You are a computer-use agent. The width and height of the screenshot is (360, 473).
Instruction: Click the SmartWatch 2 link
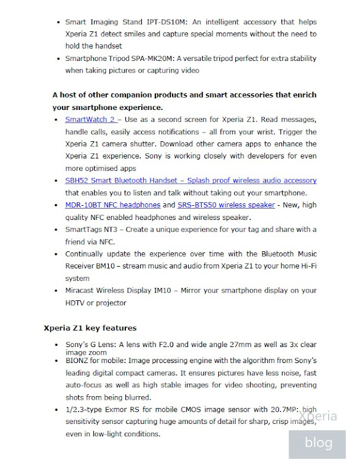pos(90,120)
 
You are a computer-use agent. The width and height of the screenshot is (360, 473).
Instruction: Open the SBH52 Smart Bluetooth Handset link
pos(190,180)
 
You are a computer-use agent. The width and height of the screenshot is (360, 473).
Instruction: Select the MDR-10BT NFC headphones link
pos(112,205)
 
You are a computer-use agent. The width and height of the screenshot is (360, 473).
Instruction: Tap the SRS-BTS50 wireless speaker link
pos(226,205)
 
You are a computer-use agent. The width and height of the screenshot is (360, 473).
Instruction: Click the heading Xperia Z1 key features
pos(90,328)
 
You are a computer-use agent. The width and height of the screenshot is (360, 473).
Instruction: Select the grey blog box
pos(318,443)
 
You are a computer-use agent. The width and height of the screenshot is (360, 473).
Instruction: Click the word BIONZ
pos(78,360)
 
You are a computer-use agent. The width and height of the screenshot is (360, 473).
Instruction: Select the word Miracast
pos(80,291)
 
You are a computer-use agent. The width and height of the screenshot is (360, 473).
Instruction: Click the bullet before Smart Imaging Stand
pos(58,22)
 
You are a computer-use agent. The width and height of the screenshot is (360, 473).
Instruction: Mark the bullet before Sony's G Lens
pos(58,345)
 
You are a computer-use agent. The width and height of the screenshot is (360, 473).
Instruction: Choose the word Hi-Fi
pos(304,266)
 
